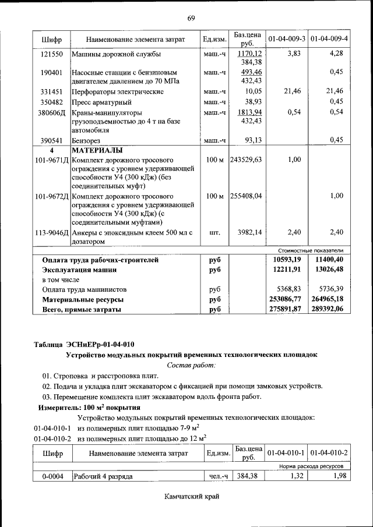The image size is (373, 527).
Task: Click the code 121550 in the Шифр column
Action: pos(52,54)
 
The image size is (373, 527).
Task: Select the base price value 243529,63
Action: pos(245,160)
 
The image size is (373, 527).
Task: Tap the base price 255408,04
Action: pos(245,196)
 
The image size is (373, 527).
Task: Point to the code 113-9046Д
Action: pos(51,233)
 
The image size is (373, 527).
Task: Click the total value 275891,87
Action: pos(287,310)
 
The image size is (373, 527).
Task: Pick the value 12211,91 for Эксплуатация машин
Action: pos(287,270)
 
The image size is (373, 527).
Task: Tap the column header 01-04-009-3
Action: pos(286,39)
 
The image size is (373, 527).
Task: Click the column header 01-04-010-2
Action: pos(329,452)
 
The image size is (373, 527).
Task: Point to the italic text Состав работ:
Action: pos(191,365)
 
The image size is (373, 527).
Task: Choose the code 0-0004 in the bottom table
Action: pos(52,476)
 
